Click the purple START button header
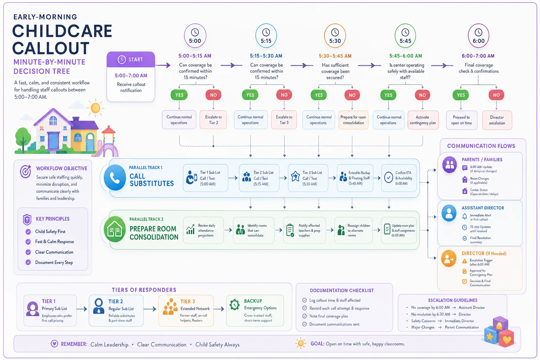[131, 59]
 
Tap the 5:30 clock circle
[335, 36]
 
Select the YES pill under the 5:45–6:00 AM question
[388, 95]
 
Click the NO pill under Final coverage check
[496, 95]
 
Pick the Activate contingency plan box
[423, 120]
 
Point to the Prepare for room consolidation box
[353, 120]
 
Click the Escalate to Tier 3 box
[284, 120]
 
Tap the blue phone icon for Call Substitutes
[115, 178]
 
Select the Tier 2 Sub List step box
[259, 178]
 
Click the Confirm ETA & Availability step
[399, 178]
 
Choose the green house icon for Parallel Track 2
[115, 229]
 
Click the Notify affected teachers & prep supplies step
[304, 230]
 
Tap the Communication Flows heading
[481, 146]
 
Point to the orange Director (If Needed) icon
[449, 258]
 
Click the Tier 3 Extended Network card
[186, 310]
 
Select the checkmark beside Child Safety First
[28, 232]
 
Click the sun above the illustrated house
[96, 108]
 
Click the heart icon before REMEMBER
[54, 344]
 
